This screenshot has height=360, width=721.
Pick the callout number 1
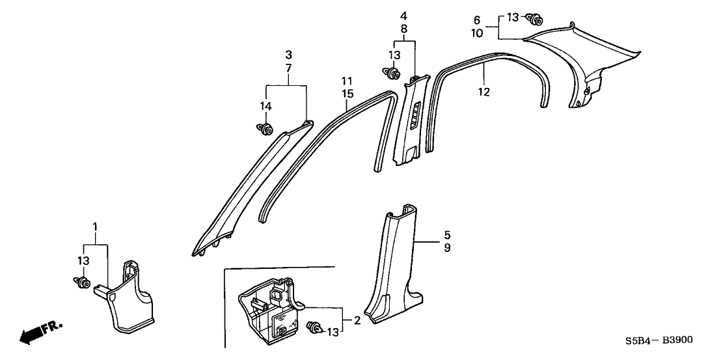click(96, 227)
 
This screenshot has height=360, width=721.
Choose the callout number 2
click(357, 320)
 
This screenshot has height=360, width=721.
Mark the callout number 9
click(429, 247)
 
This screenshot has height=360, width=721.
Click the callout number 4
click(403, 15)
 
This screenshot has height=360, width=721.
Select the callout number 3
click(288, 55)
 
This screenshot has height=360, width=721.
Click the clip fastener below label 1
click(83, 283)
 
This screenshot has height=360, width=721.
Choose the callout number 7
click(288, 68)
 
